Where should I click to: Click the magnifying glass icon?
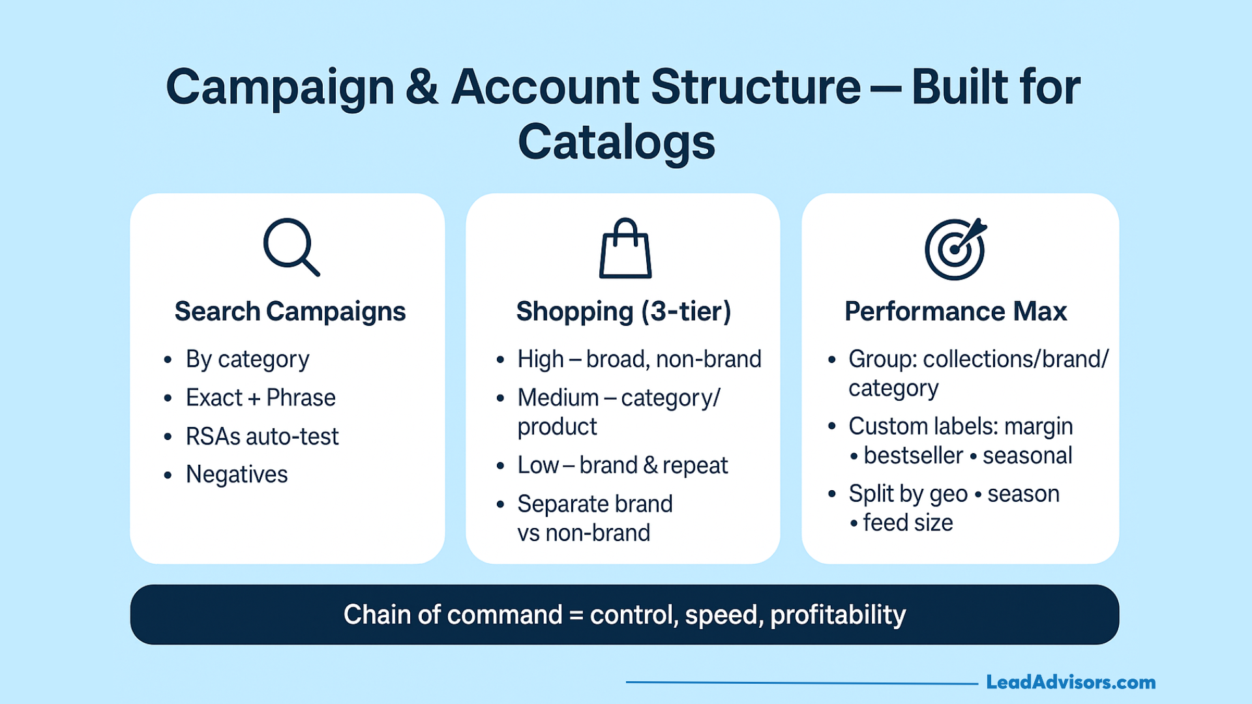[291, 246]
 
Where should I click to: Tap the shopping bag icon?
[625, 249]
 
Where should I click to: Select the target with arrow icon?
[955, 249]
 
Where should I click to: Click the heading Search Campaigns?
[290, 312]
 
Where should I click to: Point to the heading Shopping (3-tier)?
[623, 312]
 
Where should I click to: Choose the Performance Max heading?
[955, 312]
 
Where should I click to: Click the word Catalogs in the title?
[616, 142]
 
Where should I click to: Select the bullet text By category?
[247, 359]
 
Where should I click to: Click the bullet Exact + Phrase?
[260, 398]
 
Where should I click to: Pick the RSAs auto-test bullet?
[262, 436]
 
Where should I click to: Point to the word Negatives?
[237, 475]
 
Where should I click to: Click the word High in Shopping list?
[541, 359]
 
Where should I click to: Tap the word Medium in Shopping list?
[558, 398]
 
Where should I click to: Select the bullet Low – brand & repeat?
[622, 465]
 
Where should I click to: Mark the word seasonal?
[1027, 456]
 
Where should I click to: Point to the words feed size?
[908, 523]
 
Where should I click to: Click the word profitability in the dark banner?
[838, 615]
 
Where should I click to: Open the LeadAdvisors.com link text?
[1071, 682]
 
